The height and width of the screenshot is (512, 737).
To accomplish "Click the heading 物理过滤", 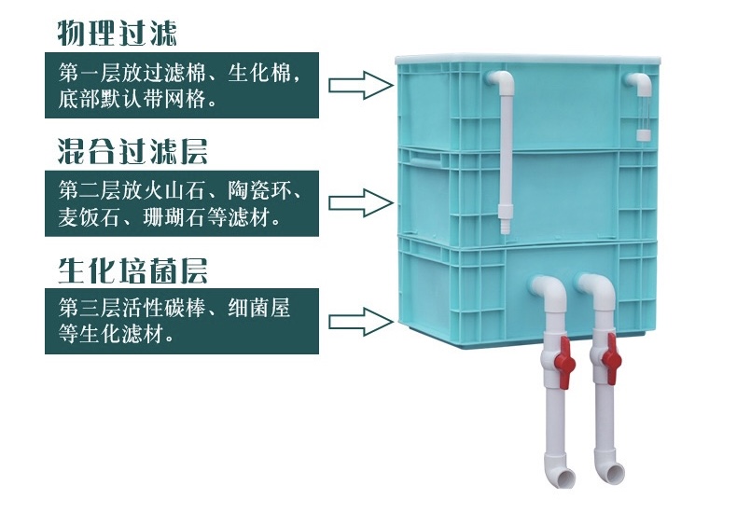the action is click(x=117, y=33).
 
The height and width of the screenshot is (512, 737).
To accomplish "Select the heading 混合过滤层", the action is click(x=132, y=151).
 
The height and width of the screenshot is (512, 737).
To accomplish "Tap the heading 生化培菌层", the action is click(x=132, y=270).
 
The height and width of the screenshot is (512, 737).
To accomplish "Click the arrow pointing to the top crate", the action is click(x=360, y=86).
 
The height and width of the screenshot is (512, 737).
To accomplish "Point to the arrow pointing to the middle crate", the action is click(x=360, y=203).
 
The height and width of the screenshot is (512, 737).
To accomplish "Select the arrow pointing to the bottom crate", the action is click(x=360, y=323).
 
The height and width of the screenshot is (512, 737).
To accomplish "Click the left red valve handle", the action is click(x=564, y=362).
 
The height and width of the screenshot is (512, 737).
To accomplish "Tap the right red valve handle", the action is click(x=611, y=358).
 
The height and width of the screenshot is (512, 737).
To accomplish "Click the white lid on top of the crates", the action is click(x=527, y=60).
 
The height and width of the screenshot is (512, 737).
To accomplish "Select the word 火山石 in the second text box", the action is click(x=174, y=190).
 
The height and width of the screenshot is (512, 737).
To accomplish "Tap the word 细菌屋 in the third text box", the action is click(x=258, y=308).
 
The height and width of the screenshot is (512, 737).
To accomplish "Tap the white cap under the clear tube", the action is click(x=643, y=135).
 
